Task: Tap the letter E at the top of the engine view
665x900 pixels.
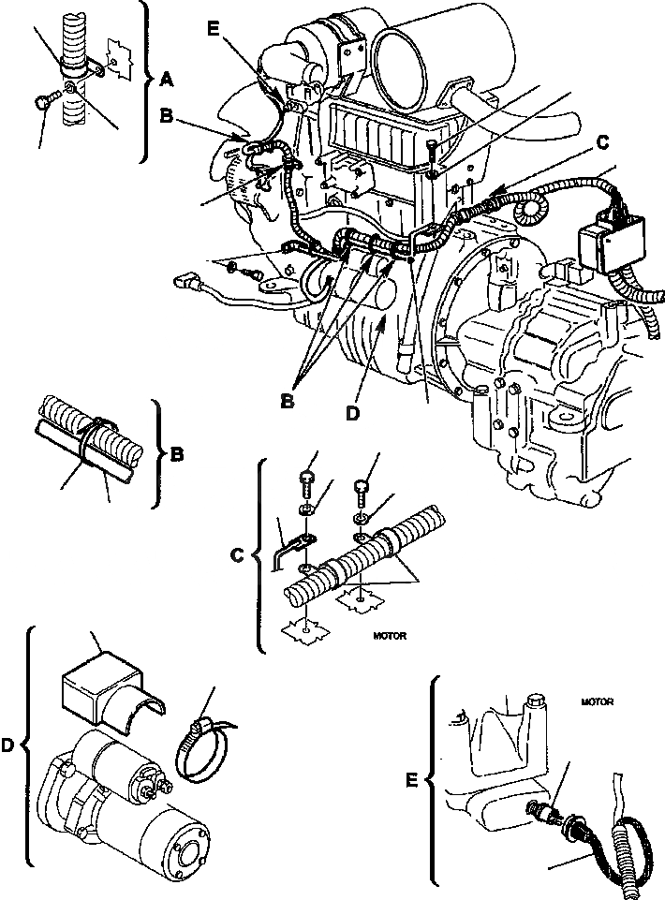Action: (x=213, y=29)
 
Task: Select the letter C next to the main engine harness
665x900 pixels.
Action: (x=601, y=141)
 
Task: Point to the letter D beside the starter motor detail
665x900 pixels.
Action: (x=9, y=745)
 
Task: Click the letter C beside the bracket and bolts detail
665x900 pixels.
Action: (x=237, y=553)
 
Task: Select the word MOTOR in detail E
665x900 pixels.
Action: (x=596, y=701)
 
